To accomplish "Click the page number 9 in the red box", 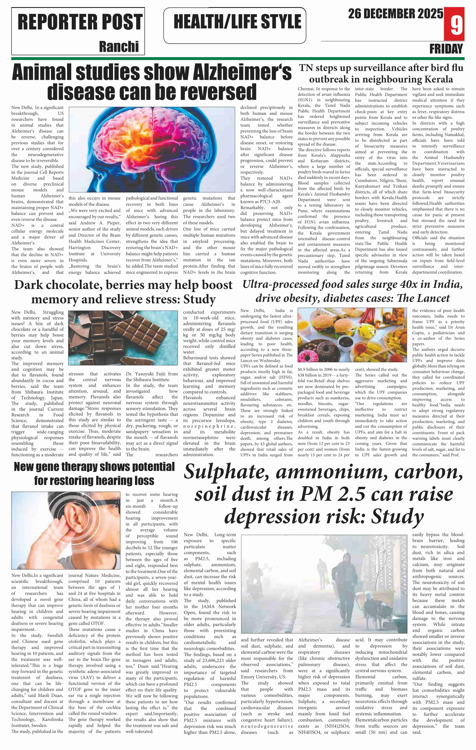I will point(457,25).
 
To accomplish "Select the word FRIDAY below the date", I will point(446,49).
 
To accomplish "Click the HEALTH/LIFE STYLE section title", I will point(237,22).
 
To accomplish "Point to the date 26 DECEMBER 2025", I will point(395,14).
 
